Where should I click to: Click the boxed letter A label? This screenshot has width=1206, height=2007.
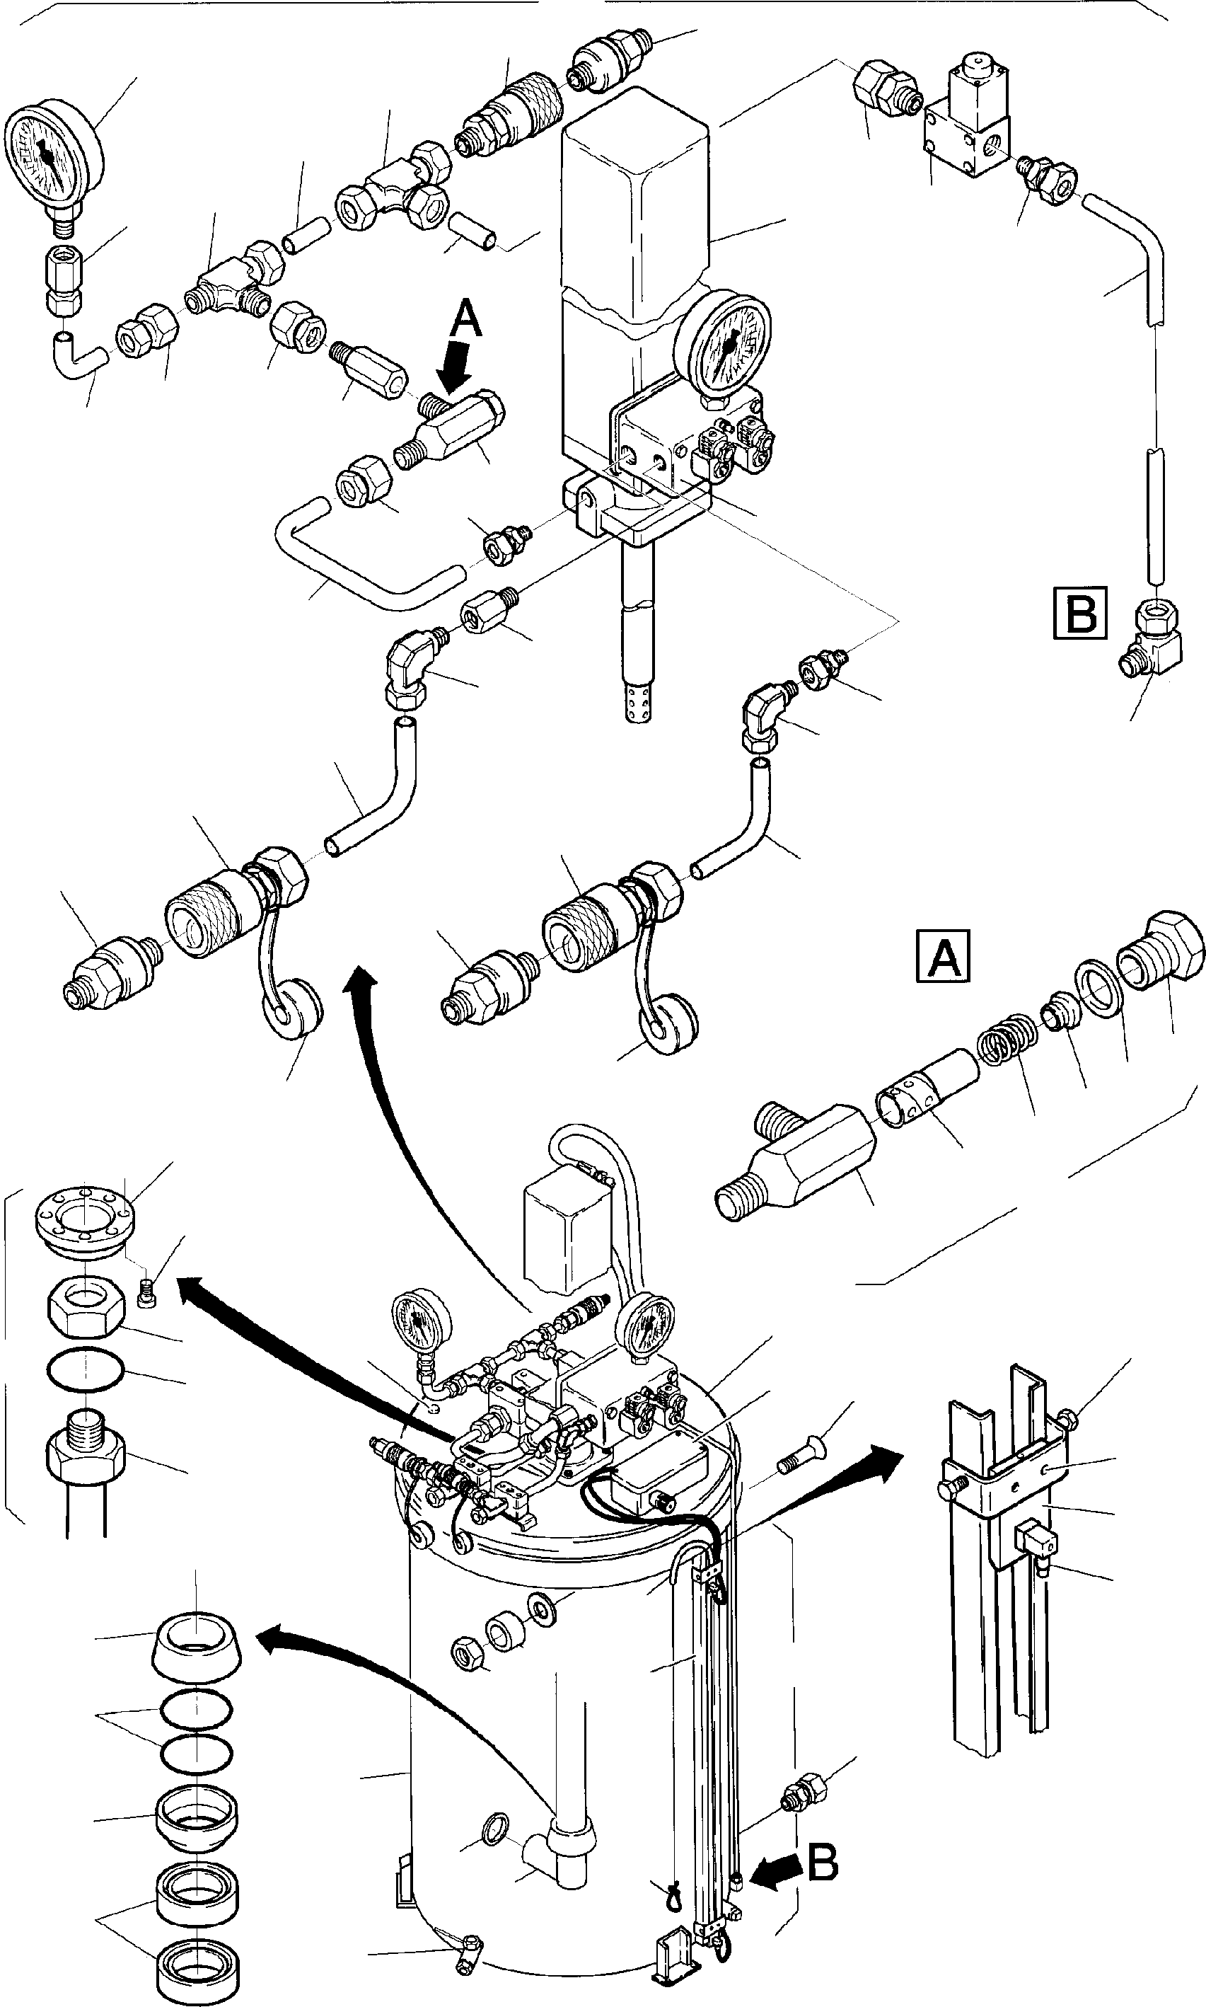pos(943,956)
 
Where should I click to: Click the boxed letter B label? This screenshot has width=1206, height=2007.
pos(1080,611)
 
